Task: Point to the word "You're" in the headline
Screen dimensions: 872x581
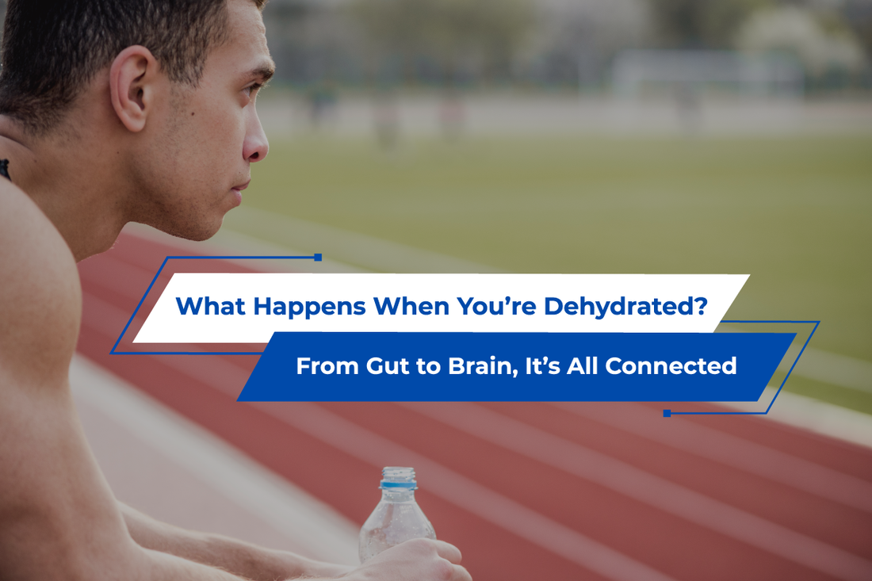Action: [496, 306]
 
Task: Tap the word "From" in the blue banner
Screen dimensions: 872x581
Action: [327, 366]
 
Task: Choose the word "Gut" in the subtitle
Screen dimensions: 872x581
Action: [387, 366]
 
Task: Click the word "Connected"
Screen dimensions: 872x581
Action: [671, 366]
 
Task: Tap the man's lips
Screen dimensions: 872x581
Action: [240, 188]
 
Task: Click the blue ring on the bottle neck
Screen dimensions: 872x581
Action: [398, 485]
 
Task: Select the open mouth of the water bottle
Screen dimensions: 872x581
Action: [398, 469]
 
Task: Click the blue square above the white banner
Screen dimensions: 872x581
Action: [318, 257]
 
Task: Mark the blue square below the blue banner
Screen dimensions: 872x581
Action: [667, 413]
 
